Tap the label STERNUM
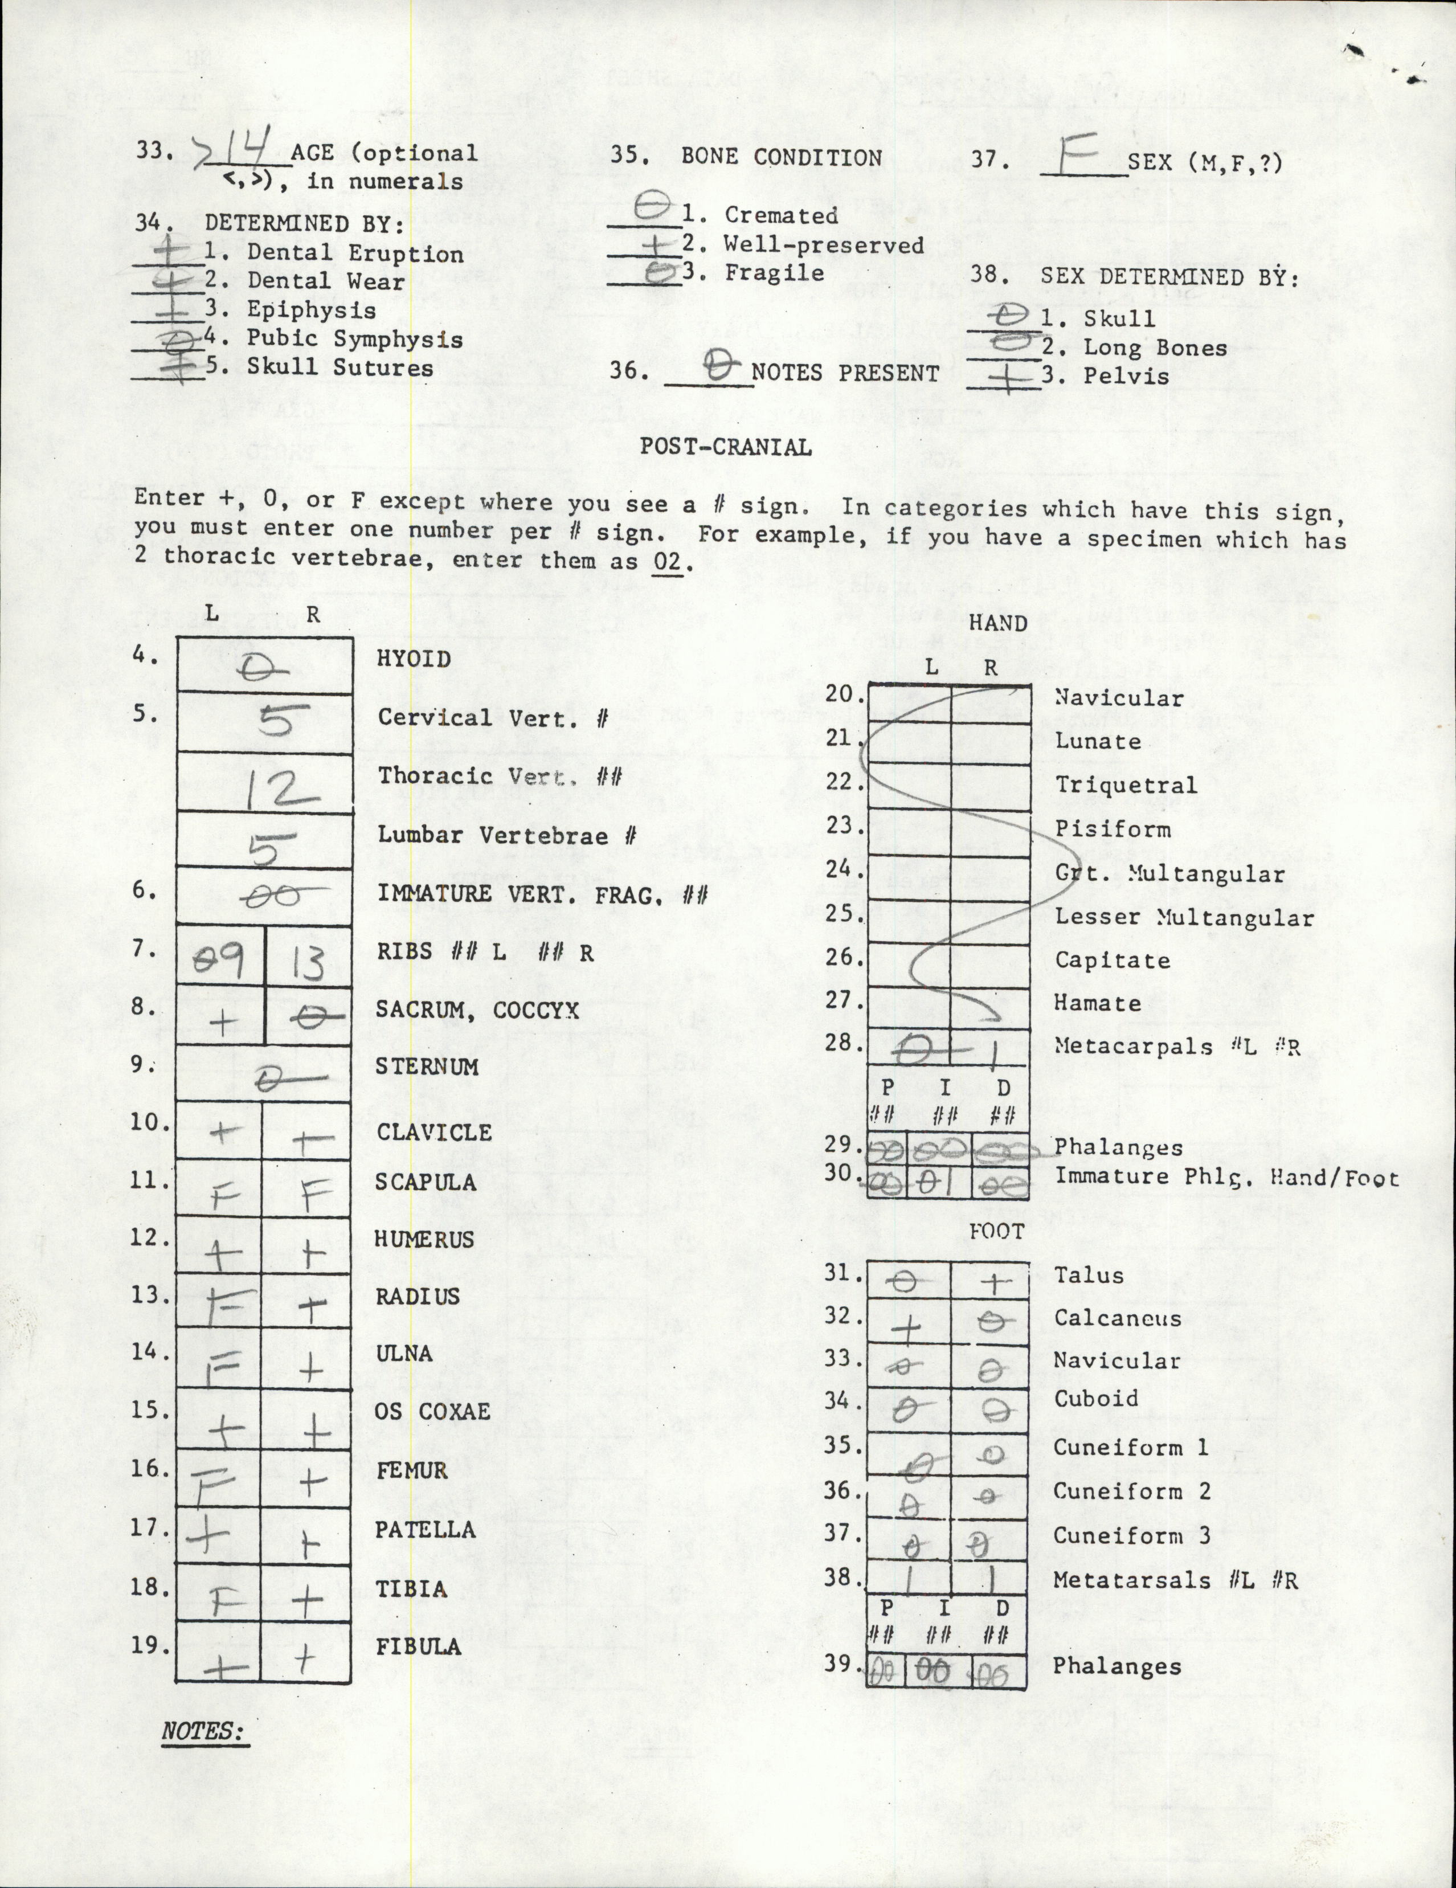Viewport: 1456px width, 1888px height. coord(426,1066)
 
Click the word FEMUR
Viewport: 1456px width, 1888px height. coord(411,1470)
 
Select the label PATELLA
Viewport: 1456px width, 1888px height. coord(424,1529)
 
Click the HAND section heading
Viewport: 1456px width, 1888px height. coord(998,623)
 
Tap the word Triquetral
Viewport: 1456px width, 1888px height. coord(1125,785)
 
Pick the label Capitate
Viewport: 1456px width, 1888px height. coord(1112,961)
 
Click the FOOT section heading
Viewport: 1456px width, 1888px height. coord(996,1231)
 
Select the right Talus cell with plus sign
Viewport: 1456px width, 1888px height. coord(992,1283)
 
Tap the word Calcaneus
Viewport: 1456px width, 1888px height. coord(1117,1318)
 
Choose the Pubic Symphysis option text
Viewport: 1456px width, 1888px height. coord(354,339)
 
